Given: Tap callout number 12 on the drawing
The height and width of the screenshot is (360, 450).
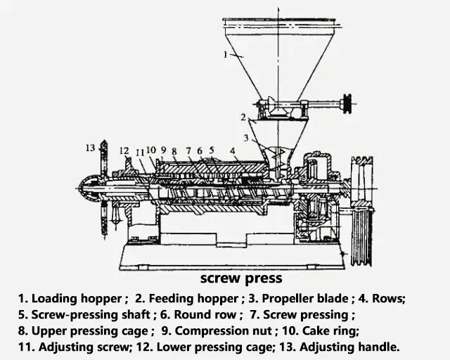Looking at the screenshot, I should (x=124, y=150).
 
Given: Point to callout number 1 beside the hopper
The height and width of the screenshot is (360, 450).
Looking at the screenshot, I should (x=225, y=53).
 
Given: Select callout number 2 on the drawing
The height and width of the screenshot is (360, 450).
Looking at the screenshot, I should (x=243, y=116).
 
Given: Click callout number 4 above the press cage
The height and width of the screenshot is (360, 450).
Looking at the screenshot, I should (x=232, y=150).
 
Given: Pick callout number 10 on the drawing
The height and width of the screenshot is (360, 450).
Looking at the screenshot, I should (x=151, y=149).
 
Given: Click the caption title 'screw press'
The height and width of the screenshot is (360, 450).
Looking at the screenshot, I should (x=241, y=279).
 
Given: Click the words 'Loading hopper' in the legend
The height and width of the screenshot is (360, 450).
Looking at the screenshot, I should (x=78, y=298).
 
